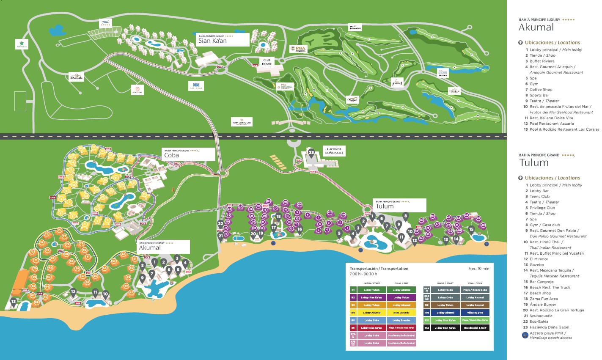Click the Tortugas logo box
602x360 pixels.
click(22, 44)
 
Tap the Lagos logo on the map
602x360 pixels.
click(105, 23)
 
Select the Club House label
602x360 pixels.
click(267, 62)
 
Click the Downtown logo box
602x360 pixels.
click(137, 89)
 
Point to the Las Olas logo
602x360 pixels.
click(196, 86)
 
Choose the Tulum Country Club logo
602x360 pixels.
click(242, 122)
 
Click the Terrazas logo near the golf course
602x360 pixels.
click(355, 27)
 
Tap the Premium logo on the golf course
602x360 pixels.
click(454, 91)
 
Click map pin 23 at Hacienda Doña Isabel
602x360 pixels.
click(311, 153)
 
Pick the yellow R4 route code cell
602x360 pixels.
click(353, 313)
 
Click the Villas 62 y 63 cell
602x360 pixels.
click(475, 313)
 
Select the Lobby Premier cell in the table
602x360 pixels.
click(401, 320)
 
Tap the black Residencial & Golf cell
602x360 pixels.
click(475, 328)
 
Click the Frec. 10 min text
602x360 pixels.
click(478, 269)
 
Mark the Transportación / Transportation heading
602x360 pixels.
click(379, 269)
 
